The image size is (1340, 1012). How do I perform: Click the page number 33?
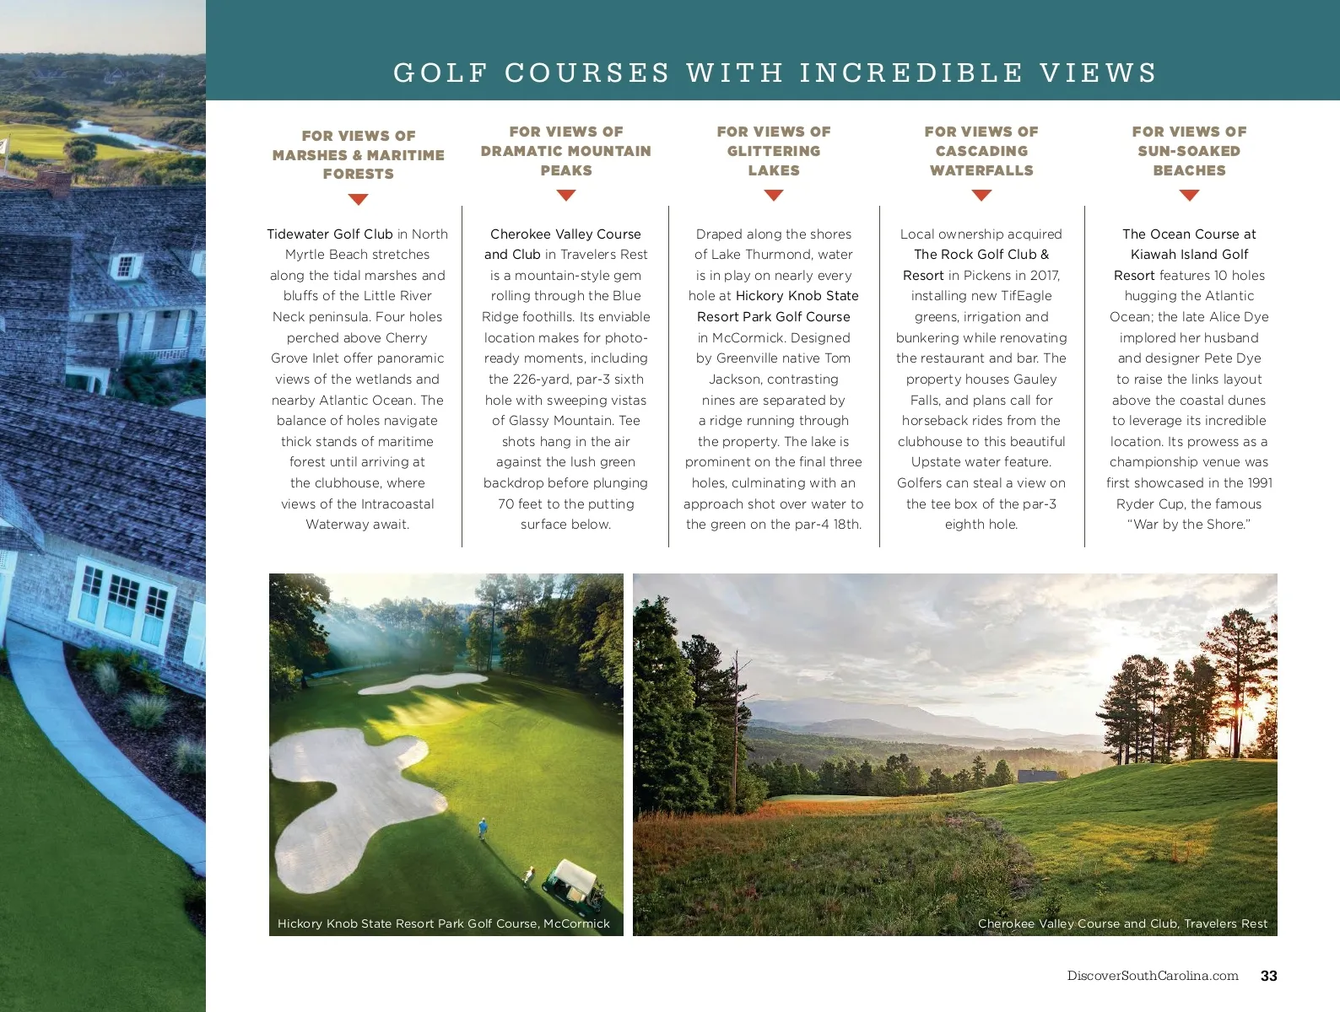tap(1268, 976)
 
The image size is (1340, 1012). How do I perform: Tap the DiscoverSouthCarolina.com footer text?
tap(1152, 976)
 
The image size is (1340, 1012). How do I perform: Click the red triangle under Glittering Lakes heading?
tap(774, 196)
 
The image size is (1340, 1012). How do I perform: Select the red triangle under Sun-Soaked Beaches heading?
tap(1189, 196)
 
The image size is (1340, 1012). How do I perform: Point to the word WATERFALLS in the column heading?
tap(981, 170)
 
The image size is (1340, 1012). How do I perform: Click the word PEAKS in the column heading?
tap(566, 170)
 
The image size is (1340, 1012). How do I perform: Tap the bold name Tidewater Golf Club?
tap(330, 234)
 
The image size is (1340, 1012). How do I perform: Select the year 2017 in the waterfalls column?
tap(1044, 276)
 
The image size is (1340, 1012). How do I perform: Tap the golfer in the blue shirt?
tap(483, 827)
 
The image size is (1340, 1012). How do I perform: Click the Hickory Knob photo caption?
tap(443, 923)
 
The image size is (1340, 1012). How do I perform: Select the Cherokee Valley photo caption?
tap(1122, 923)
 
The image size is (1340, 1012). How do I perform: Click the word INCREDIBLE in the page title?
tap(911, 73)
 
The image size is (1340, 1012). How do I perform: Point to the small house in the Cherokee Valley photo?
tap(1037, 775)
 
